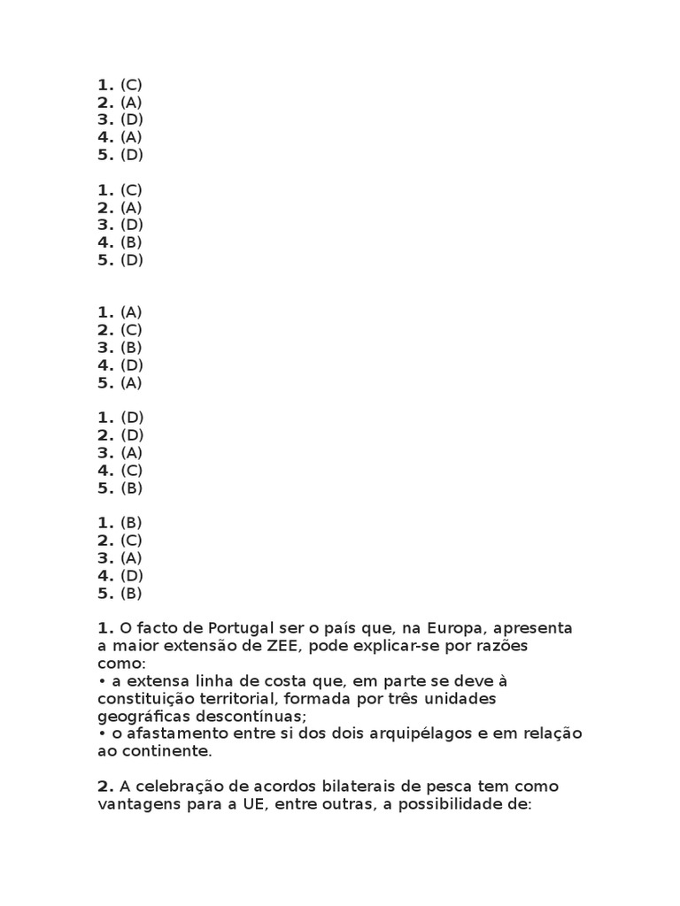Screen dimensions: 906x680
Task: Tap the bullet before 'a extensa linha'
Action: [x=103, y=681]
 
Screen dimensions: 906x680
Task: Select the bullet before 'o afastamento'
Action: [x=103, y=733]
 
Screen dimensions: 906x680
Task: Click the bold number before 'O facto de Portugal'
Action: [x=105, y=628]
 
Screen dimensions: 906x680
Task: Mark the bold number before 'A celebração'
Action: [x=105, y=787]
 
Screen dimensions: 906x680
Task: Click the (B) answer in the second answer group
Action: [x=131, y=242]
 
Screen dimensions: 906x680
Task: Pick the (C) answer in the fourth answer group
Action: [x=131, y=470]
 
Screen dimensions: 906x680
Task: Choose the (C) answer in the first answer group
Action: [x=131, y=85]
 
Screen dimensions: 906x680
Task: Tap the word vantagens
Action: [x=135, y=804]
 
